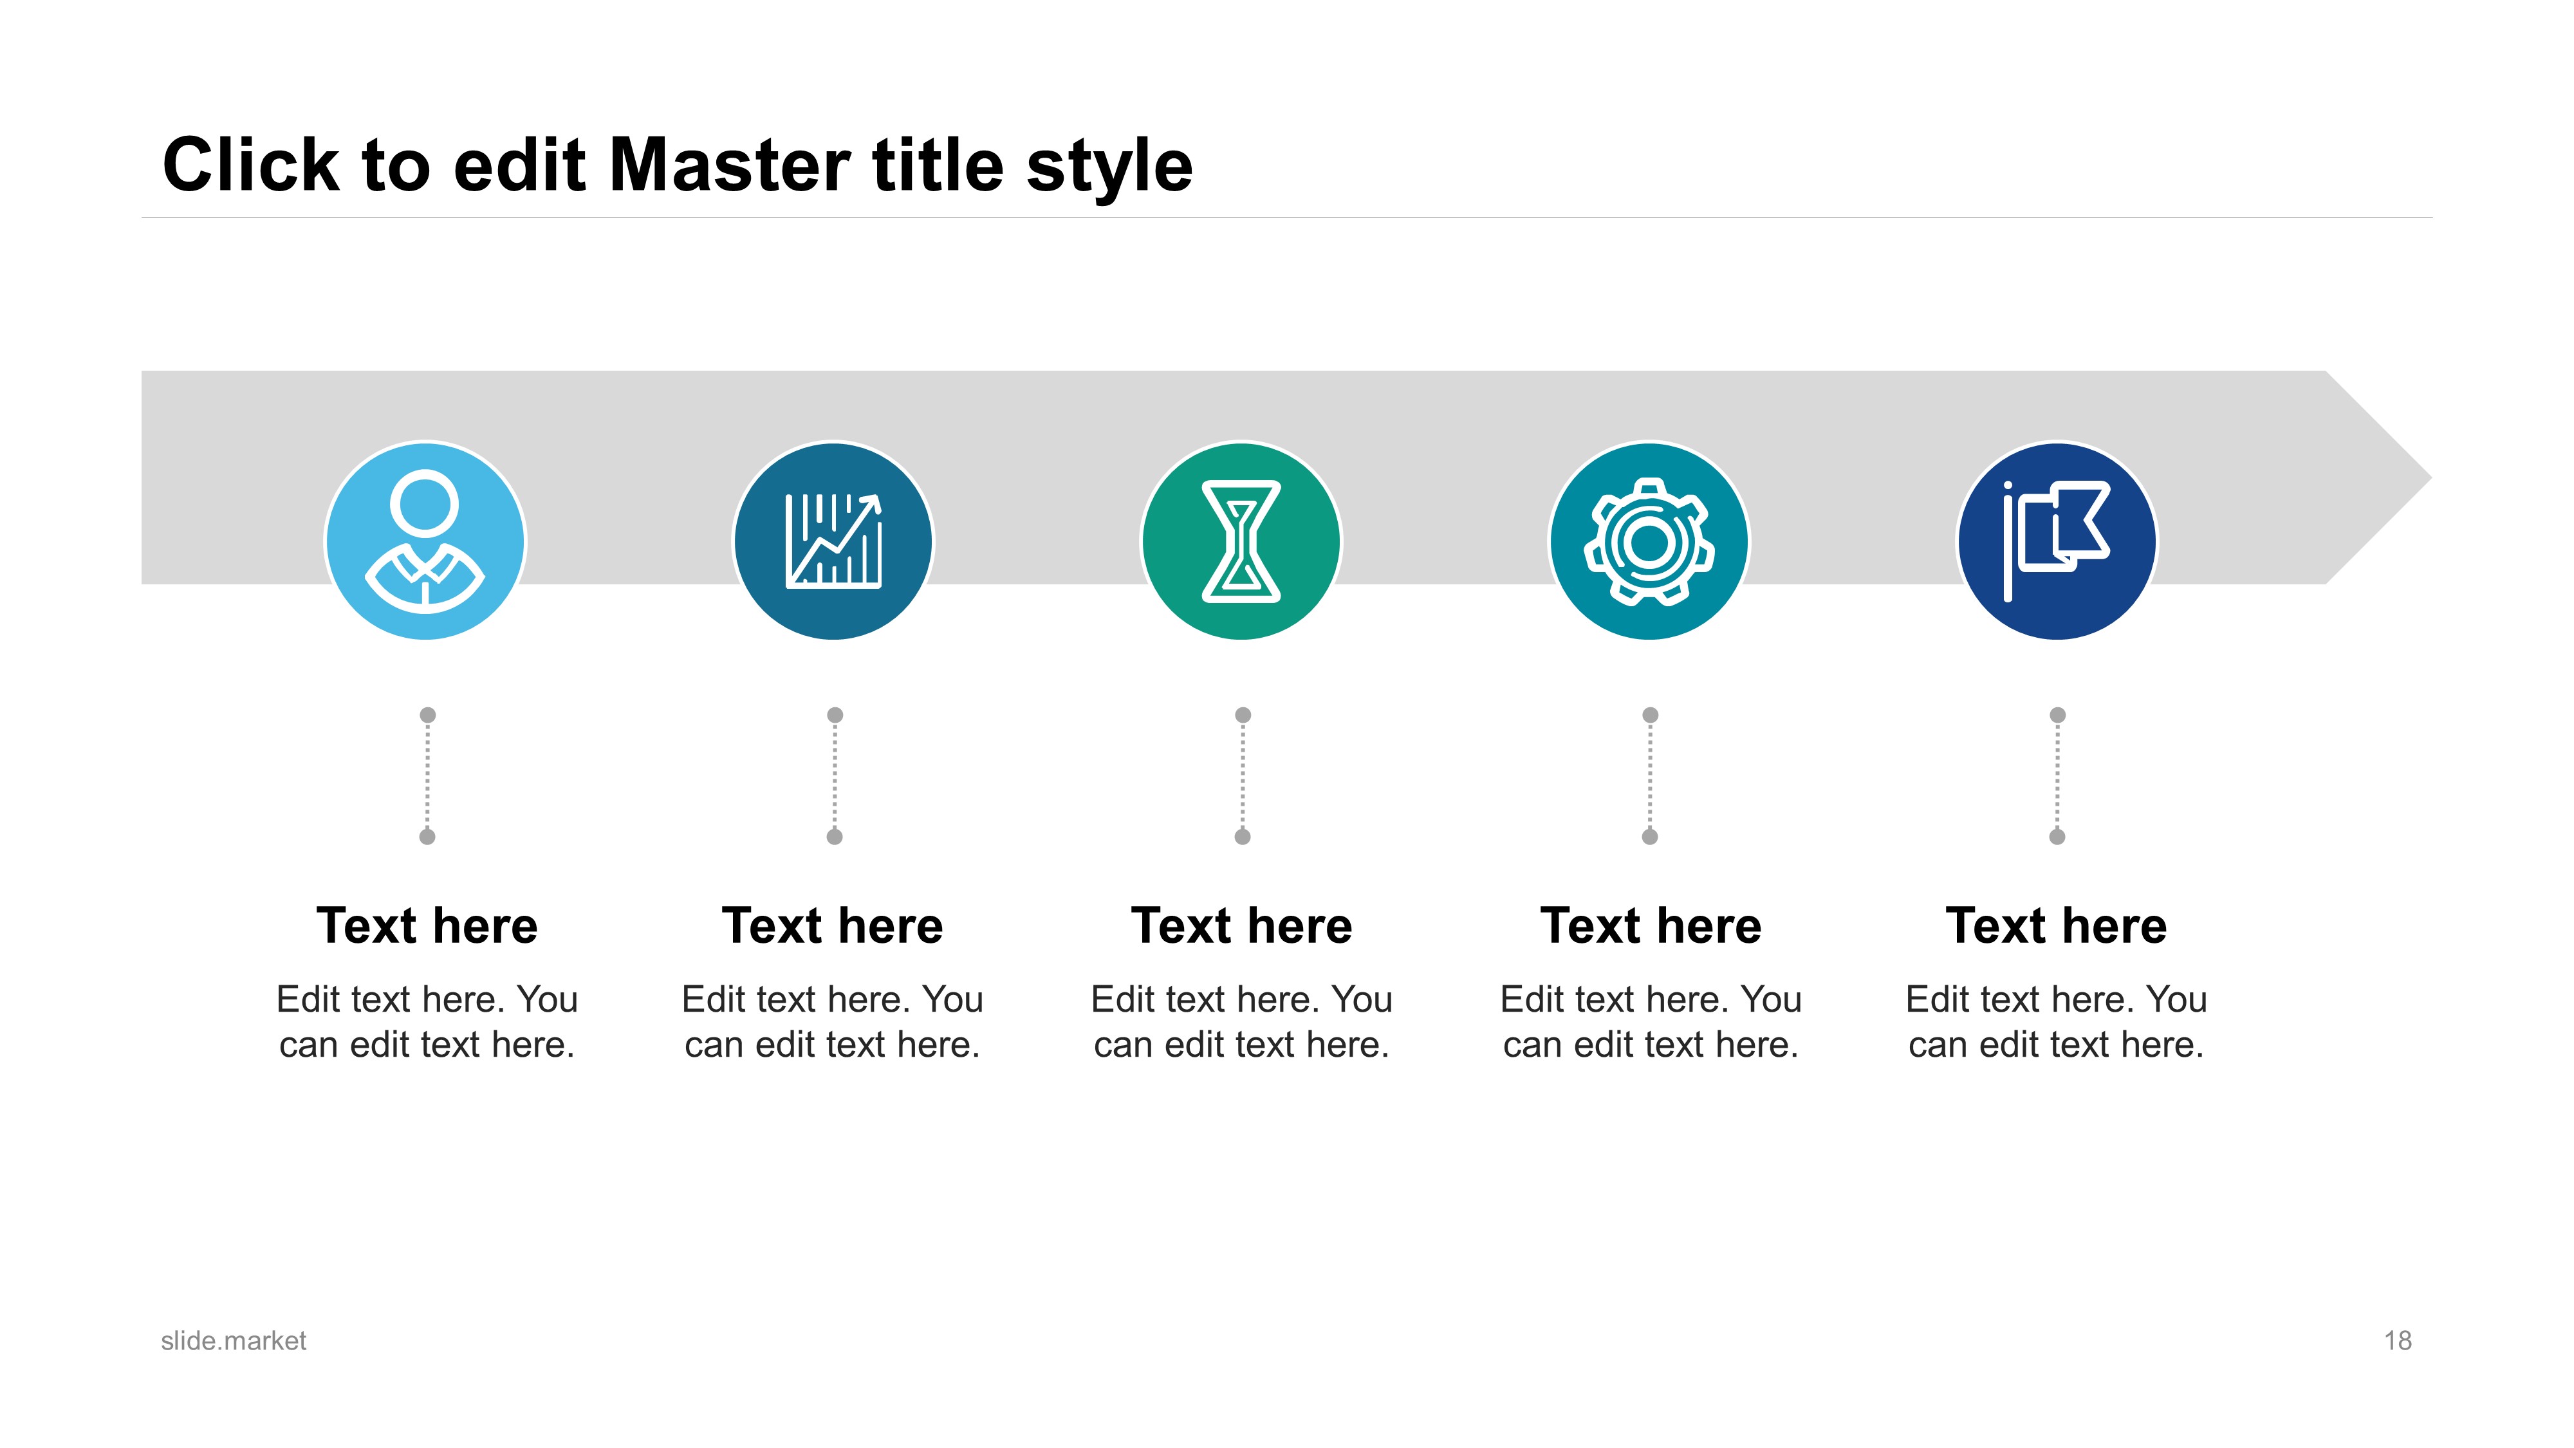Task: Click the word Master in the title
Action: pos(730,165)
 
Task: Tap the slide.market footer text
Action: pos(233,1341)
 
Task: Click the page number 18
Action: pos(2398,1341)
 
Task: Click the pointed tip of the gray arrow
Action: pos(2431,478)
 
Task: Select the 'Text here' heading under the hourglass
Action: pos(1242,925)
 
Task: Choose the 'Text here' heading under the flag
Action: pos(2057,925)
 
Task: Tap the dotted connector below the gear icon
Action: pos(1650,775)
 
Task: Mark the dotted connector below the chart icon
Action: pos(835,775)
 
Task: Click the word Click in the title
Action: pos(251,165)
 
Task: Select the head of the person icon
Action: pos(425,504)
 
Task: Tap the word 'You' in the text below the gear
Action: pos(1772,999)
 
